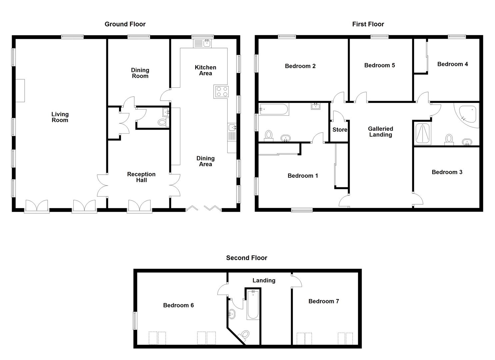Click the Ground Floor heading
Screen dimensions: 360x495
click(x=125, y=24)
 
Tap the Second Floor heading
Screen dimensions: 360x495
click(x=246, y=258)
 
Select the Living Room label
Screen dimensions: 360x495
click(x=60, y=117)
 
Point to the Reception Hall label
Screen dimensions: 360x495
click(x=141, y=177)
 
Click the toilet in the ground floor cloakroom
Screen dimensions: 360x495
click(x=162, y=123)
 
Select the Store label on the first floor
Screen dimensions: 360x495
click(x=340, y=130)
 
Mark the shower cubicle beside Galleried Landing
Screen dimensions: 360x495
click(x=423, y=134)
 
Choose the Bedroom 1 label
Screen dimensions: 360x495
click(x=303, y=176)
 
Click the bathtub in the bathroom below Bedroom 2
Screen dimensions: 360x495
click(x=274, y=109)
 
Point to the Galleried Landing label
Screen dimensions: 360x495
click(x=380, y=132)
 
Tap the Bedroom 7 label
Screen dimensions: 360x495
click(x=323, y=301)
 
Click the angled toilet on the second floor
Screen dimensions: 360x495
click(x=245, y=334)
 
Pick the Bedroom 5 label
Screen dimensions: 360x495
click(x=379, y=65)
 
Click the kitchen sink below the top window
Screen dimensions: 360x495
click(x=203, y=43)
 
